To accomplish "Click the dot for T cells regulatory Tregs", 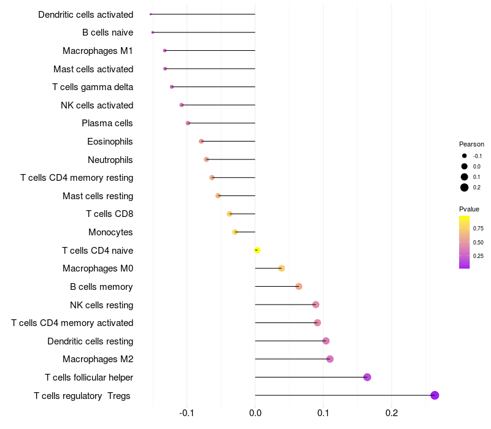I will [x=435, y=395].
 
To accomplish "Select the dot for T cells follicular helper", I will [x=367, y=377].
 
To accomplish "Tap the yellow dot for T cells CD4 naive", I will [x=257, y=250].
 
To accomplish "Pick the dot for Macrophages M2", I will [x=330, y=359].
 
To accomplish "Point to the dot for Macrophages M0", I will [x=281, y=268].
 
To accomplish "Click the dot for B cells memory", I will [x=299, y=286].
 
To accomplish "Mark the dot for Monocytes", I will [x=235, y=232].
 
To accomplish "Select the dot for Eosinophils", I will [x=201, y=142].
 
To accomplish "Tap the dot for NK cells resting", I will [x=315, y=305].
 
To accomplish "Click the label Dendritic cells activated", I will [x=85, y=14].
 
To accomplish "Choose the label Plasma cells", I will [x=107, y=123].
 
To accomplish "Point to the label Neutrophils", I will [x=110, y=159].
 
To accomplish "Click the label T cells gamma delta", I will [x=93, y=87].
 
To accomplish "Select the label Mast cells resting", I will [x=98, y=196].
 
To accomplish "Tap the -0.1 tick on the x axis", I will [x=187, y=413].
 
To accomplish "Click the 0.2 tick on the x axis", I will [x=391, y=413].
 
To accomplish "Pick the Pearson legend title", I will [x=471, y=145].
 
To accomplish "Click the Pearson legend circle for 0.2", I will [x=465, y=188].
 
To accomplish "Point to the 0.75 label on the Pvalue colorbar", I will [x=478, y=229].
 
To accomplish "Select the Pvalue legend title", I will [x=469, y=209].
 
